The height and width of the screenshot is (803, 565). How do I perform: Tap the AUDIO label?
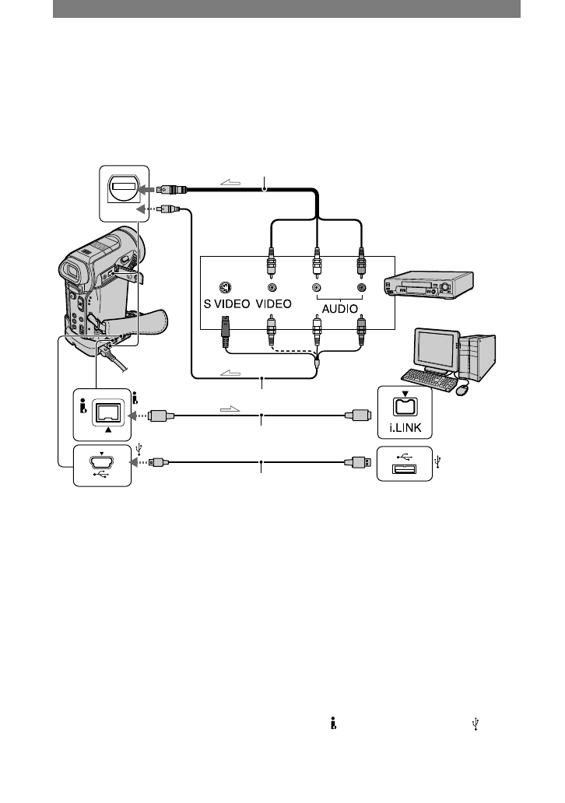point(338,307)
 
